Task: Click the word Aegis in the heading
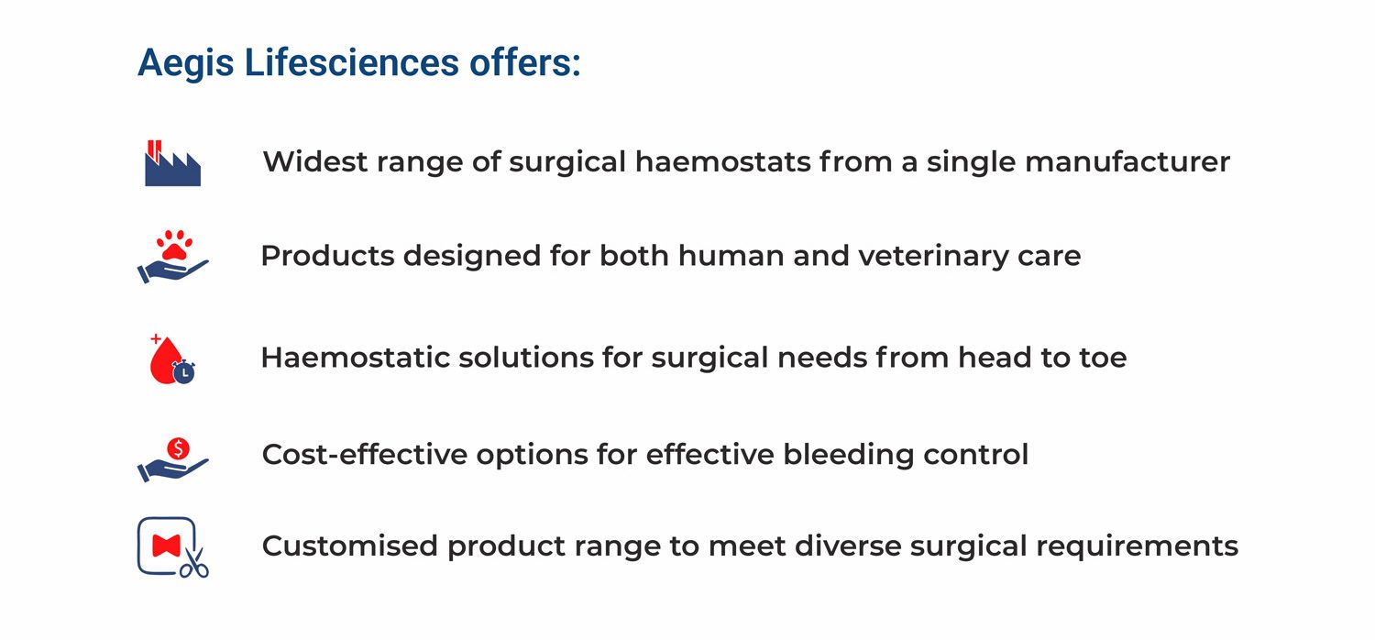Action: (x=185, y=64)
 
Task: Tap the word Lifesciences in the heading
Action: (x=352, y=62)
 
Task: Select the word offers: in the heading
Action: (x=525, y=62)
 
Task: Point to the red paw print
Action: (x=174, y=245)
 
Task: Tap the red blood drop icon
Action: (x=164, y=361)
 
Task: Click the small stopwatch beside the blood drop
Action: (x=183, y=372)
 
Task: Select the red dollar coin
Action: (x=178, y=449)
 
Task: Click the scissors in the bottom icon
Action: (x=195, y=563)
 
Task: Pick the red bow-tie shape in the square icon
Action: (x=166, y=546)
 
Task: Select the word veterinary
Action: (x=933, y=256)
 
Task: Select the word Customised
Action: (x=349, y=546)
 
